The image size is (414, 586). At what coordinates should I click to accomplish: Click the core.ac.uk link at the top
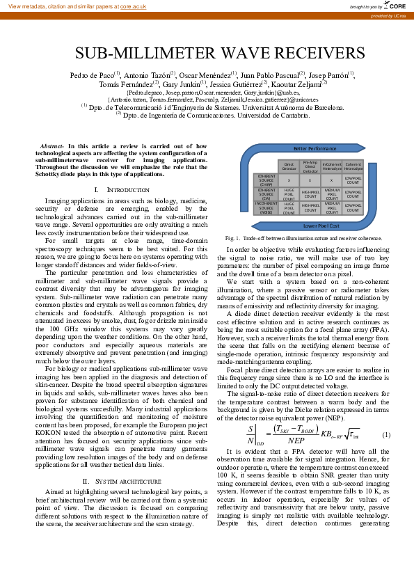point(133,6)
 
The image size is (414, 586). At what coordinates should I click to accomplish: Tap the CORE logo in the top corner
point(394,6)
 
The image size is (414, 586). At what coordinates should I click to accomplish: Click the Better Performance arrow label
point(315,149)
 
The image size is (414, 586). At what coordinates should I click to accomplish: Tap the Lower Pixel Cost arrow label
point(315,225)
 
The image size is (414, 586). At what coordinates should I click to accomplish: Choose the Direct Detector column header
point(289,166)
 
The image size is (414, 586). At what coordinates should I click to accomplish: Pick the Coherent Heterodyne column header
point(353,166)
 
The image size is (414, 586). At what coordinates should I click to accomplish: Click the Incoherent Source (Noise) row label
point(266,207)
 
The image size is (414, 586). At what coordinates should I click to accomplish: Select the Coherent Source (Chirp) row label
point(266,180)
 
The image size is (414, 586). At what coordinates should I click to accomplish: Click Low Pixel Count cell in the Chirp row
point(353,180)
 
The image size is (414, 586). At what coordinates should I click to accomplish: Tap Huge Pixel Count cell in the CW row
point(289,193)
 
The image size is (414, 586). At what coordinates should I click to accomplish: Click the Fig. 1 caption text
point(309,238)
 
